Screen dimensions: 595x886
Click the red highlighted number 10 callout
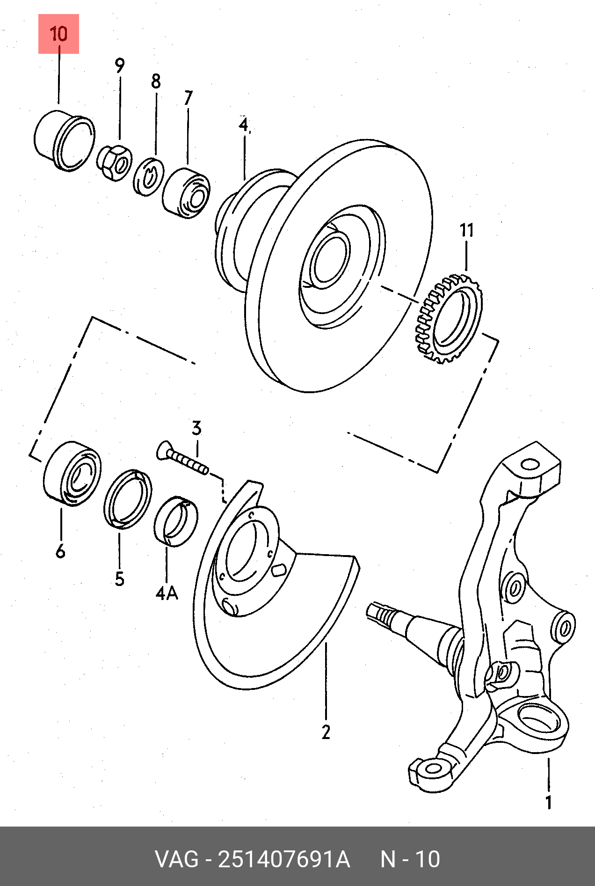pos(58,34)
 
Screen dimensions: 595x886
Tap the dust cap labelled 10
pos(64,140)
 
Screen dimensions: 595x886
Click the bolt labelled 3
pos(183,458)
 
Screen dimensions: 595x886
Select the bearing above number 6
pos(72,474)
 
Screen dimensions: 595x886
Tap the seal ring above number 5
pos(128,498)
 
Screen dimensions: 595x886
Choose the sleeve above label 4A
pos(176,521)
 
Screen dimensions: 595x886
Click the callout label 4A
pos(167,593)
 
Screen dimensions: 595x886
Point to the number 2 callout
pos(326,732)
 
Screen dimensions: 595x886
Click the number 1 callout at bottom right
pos(549,803)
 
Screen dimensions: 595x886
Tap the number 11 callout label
pos(466,230)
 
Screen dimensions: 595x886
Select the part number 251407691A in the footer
pos(284,859)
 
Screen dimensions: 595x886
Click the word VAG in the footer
pos(177,859)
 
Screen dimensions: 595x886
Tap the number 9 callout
pos(120,66)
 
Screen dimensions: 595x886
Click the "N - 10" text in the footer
pos(410,859)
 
